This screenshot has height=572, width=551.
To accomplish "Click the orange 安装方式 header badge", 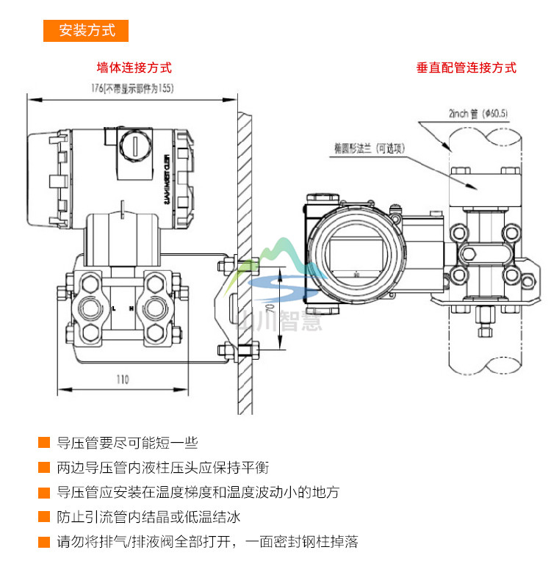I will pos(87,30).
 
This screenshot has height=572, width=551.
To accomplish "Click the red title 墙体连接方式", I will pos(134,68).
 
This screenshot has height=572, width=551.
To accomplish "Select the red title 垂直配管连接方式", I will pos(466,68).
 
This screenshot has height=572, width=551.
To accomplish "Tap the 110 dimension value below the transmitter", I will pos(122,380).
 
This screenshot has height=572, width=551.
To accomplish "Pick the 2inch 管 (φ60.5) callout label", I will pos(478,113).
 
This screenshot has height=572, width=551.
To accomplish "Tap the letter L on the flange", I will pos(113,309).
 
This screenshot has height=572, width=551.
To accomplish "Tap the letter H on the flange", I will pos(132,309).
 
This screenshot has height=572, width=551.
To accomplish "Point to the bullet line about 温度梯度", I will pos(198,493).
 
